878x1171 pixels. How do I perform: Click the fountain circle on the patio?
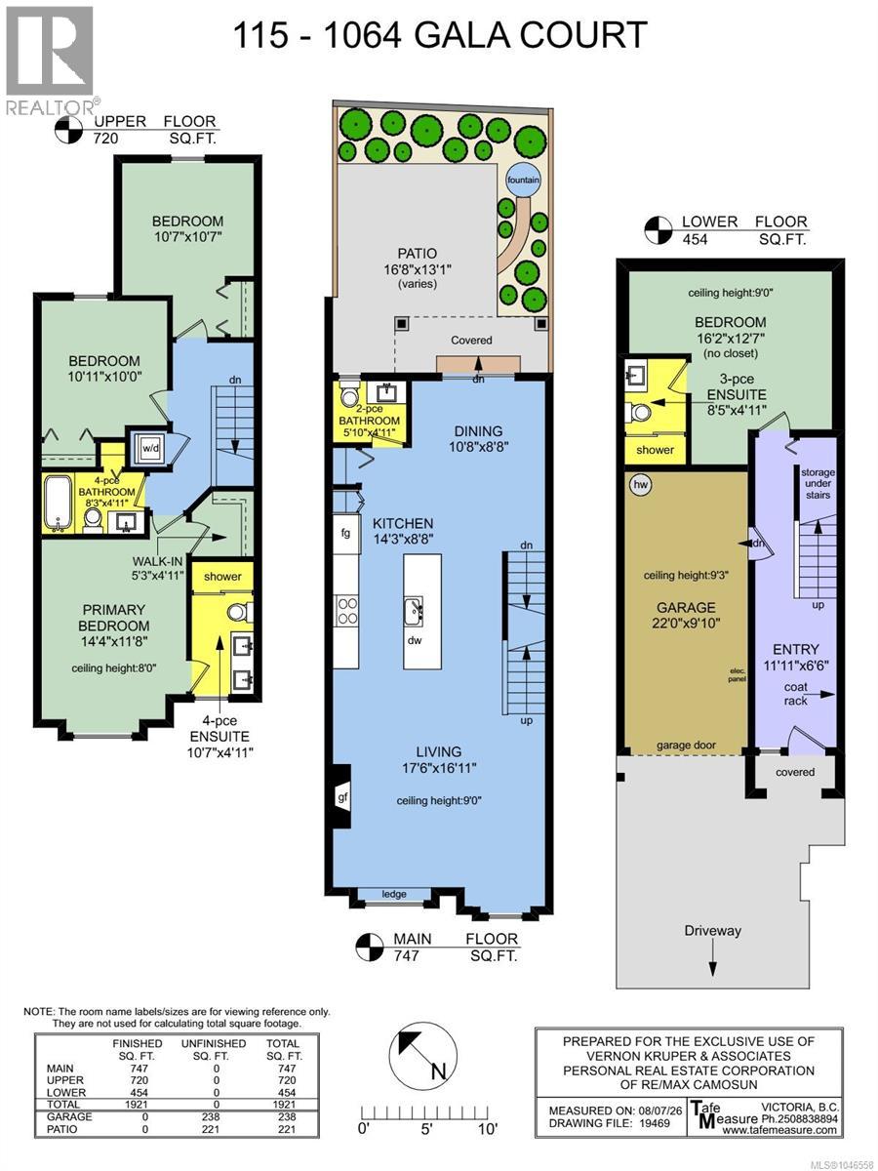[x=523, y=180]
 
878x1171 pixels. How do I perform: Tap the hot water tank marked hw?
[x=640, y=485]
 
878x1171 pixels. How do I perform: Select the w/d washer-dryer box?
[x=150, y=449]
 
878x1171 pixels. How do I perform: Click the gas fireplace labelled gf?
[x=341, y=797]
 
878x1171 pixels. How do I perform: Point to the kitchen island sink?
[x=414, y=612]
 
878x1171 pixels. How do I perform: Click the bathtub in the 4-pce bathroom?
[x=59, y=503]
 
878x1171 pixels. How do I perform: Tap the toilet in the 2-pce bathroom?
[x=349, y=393]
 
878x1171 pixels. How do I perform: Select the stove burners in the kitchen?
[x=347, y=610]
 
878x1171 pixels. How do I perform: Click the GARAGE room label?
[x=686, y=607]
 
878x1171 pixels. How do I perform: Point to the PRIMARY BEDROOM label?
[x=113, y=618]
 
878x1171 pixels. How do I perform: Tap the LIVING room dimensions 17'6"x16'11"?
[x=439, y=768]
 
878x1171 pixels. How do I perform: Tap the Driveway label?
[x=713, y=930]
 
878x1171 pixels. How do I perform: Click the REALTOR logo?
[x=50, y=61]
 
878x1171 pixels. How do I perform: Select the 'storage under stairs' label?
[x=818, y=483]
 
